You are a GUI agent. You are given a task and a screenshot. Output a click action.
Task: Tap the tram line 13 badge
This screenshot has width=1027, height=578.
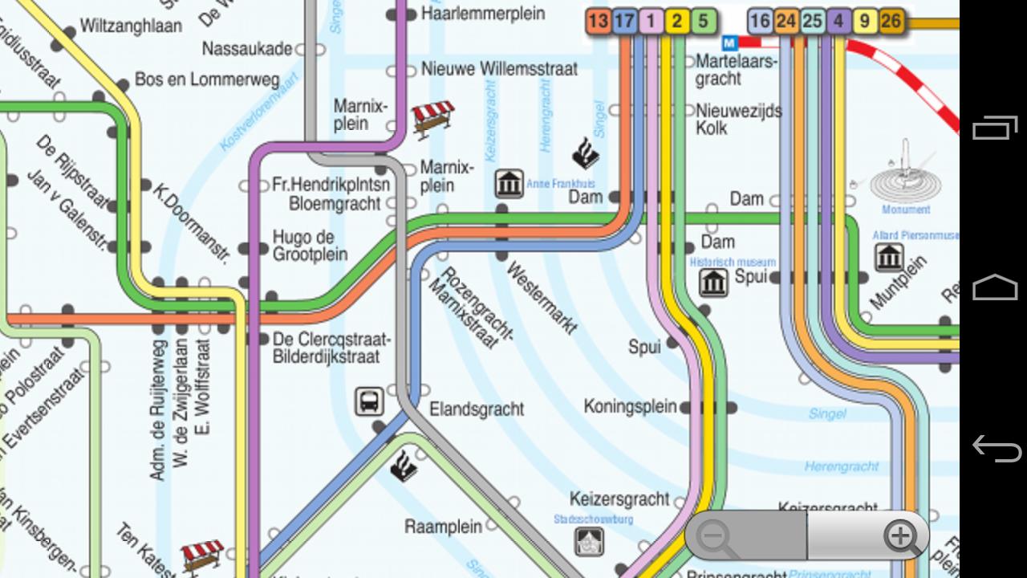pos(598,21)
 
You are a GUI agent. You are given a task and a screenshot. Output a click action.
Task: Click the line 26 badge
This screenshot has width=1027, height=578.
pos(891,21)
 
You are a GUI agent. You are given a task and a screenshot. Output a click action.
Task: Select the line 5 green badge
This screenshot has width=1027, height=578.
pos(703,21)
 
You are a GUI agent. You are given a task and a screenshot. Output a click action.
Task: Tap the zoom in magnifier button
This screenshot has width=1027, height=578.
pos(901,536)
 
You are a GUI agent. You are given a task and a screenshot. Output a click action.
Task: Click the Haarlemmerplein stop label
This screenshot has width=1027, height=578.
pos(482,14)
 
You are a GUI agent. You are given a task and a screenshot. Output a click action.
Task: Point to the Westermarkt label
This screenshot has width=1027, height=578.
pos(542,297)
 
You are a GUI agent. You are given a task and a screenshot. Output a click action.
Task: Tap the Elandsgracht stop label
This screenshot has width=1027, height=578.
pos(477,409)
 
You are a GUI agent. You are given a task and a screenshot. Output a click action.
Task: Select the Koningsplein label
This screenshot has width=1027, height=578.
pos(630,406)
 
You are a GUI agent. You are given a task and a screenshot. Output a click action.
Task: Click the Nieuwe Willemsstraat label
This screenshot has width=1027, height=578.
pos(499,69)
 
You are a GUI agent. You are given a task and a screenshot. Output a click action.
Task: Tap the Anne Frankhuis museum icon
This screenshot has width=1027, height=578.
pos(509,184)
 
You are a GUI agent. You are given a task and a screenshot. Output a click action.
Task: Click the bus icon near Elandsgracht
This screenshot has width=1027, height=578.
pos(369,401)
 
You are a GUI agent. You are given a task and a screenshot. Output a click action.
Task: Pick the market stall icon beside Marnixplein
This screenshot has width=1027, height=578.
pos(433,118)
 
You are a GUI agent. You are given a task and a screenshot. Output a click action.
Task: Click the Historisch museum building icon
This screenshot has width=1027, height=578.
pos(713,283)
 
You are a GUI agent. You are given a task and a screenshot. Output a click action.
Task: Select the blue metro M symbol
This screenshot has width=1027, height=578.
pos(730,42)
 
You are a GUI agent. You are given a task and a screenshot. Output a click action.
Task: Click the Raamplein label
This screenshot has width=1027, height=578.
pos(443,527)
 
